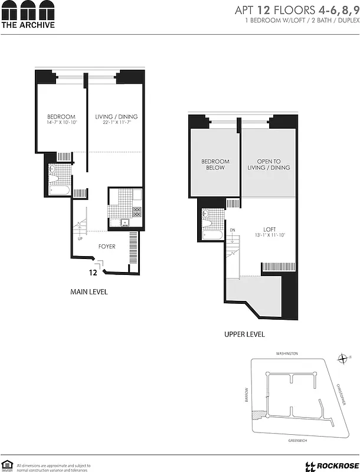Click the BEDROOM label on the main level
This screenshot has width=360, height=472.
[x=61, y=116]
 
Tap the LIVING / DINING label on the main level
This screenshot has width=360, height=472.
[x=116, y=116]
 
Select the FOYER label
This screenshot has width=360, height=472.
[x=107, y=246]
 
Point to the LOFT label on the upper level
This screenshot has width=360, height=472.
[x=270, y=229]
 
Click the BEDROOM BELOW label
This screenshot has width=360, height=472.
[x=215, y=164]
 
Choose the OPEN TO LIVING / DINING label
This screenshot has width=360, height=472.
[x=269, y=164]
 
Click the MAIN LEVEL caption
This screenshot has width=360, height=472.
[x=89, y=292]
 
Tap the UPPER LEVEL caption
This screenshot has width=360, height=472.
[x=244, y=335]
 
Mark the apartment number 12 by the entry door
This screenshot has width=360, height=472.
[x=93, y=273]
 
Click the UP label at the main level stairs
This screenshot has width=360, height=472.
[x=80, y=240]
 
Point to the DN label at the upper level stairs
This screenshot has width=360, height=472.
[x=233, y=230]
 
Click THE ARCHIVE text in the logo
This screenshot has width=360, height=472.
[x=28, y=25]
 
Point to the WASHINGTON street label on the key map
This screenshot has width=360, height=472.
[x=287, y=353]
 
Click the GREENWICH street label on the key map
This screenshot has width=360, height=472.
[x=287, y=440]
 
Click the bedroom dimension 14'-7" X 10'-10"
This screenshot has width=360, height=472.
[x=61, y=123]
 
